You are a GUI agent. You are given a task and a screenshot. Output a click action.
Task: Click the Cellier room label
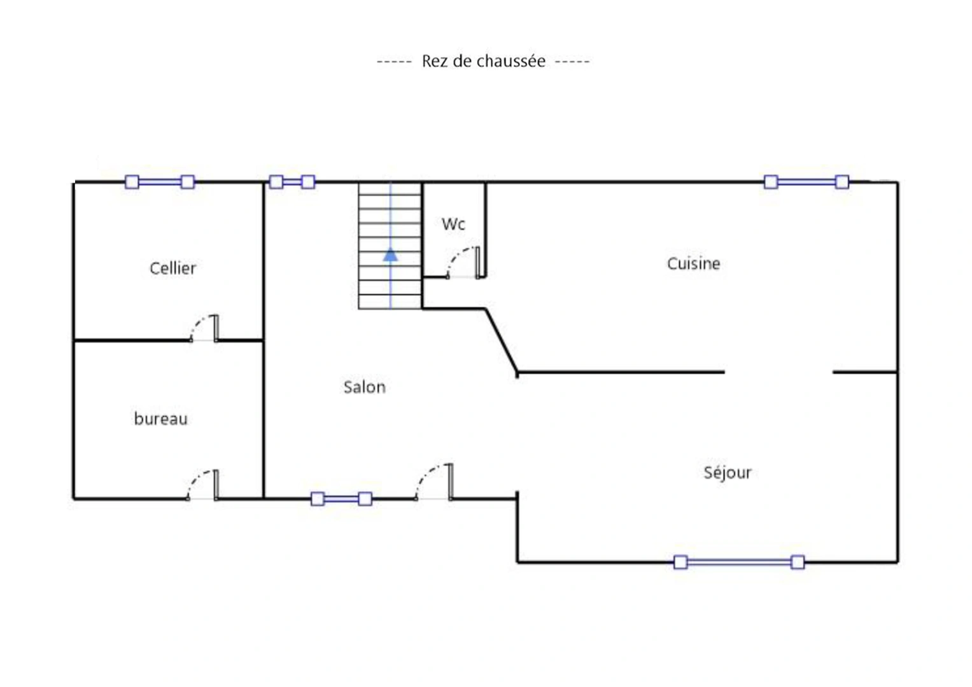[x=173, y=268]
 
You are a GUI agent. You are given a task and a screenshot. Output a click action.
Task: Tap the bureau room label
[x=161, y=419]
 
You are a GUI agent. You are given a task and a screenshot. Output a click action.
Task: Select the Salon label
[x=365, y=387]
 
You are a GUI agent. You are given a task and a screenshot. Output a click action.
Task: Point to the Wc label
[x=453, y=224]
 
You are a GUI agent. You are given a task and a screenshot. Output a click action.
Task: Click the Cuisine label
[x=693, y=263]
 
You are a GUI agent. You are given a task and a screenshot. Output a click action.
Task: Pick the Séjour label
[x=728, y=472]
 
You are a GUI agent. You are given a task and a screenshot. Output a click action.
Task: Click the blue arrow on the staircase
[x=391, y=254]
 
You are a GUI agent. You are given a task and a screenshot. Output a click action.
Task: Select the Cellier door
[x=204, y=328]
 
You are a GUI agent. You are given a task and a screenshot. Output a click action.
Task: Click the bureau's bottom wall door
[x=202, y=485]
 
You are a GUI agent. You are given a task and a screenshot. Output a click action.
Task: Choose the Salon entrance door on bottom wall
[x=434, y=482]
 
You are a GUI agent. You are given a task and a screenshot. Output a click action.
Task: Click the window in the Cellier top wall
[x=160, y=182]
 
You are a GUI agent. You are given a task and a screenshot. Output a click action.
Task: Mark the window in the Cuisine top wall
[x=806, y=182]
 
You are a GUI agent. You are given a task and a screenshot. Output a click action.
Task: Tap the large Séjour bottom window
[x=739, y=562]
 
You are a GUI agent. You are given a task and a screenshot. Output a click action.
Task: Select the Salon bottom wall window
[x=341, y=499]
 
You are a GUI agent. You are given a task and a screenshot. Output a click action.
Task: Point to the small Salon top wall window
[x=292, y=182]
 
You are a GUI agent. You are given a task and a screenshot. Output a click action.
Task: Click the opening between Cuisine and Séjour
[x=778, y=371]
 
